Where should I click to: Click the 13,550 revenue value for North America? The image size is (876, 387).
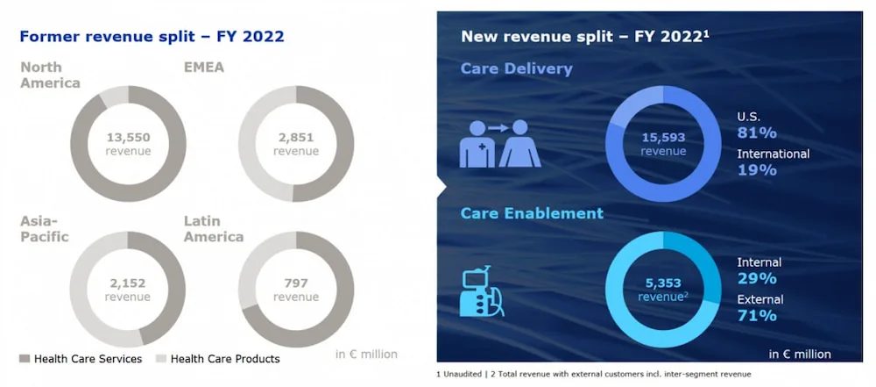[x=128, y=137]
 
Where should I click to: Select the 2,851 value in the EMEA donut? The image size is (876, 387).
[x=296, y=137]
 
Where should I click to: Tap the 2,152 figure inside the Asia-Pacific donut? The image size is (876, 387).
[x=128, y=283]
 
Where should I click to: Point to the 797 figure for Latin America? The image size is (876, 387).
[x=296, y=283]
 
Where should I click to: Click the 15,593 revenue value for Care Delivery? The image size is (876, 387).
[x=663, y=137]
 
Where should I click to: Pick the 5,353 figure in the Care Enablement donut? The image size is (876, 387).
[x=663, y=283]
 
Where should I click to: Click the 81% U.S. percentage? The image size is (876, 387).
[x=757, y=133]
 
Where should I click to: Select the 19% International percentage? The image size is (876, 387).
[x=757, y=169]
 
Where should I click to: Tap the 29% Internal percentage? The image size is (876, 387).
[x=757, y=278]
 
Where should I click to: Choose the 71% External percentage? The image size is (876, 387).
[x=757, y=315]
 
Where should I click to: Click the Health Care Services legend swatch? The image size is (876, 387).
[x=25, y=358]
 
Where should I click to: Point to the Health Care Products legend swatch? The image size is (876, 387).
[x=160, y=358]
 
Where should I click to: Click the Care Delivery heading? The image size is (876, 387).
[x=516, y=68]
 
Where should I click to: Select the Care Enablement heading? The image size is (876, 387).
[x=532, y=213]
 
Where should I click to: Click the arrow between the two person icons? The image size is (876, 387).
[x=498, y=128]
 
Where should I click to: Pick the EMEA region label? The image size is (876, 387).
[x=204, y=68]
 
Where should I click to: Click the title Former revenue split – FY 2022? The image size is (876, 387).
[x=152, y=37]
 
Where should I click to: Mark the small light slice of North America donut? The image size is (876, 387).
[x=114, y=97]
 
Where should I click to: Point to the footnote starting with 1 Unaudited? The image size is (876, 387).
[x=593, y=374]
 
